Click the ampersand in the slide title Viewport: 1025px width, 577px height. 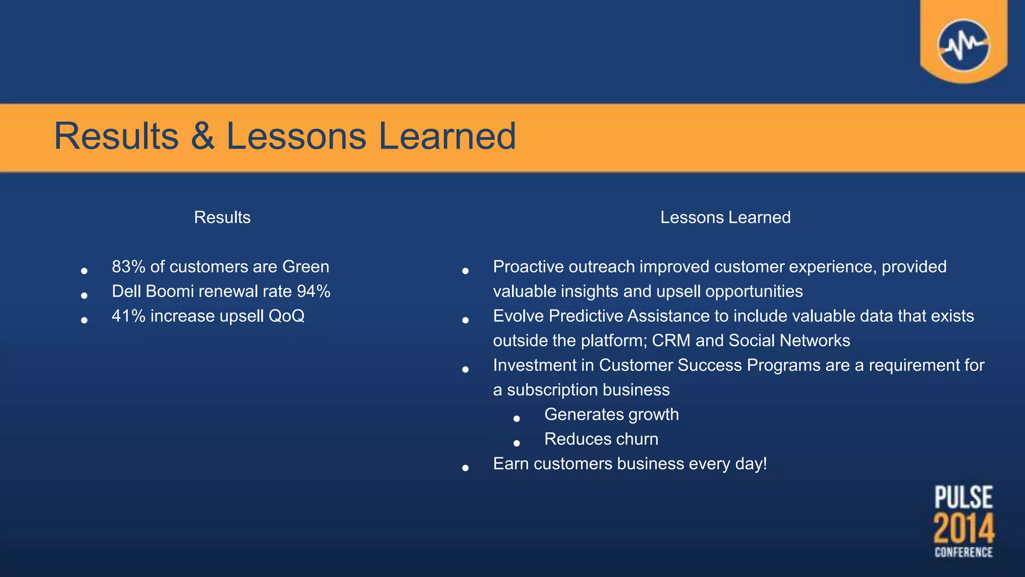[x=202, y=136]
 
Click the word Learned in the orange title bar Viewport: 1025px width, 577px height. [x=446, y=136]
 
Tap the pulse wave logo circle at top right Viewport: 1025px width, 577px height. [x=963, y=46]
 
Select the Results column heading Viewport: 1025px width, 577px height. [x=222, y=217]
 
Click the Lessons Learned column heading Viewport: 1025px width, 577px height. [x=725, y=217]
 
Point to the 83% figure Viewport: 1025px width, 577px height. [x=129, y=266]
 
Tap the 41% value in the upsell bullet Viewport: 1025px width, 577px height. [x=129, y=316]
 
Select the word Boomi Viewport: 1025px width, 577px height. [x=169, y=291]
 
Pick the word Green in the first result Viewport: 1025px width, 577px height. [x=305, y=266]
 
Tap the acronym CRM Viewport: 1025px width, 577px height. [x=671, y=341]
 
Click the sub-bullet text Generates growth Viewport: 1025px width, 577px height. [x=611, y=414]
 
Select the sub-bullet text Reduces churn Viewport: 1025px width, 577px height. [x=601, y=439]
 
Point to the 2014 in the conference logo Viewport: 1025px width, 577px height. [x=963, y=529]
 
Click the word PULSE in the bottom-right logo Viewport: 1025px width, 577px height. [x=963, y=498]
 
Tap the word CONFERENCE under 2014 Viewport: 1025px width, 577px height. [x=963, y=552]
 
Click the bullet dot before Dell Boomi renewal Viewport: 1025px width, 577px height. [x=84, y=296]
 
